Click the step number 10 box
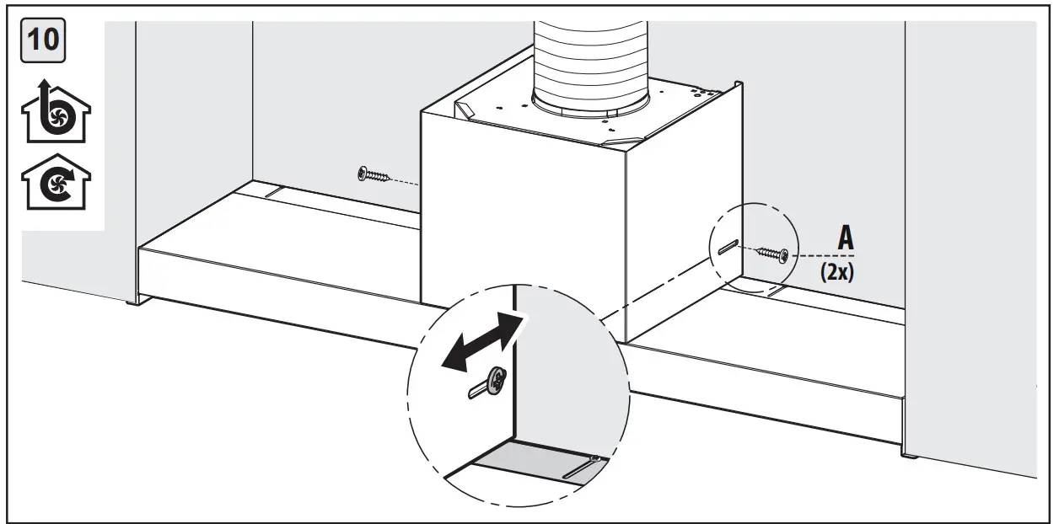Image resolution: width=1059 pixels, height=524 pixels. (x=46, y=40)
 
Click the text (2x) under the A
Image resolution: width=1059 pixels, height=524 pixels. (x=835, y=274)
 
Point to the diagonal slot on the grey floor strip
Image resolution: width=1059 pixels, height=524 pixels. (x=582, y=466)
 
